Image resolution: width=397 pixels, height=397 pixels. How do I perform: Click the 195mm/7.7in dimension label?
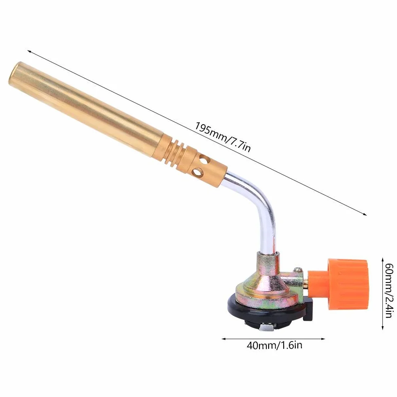(x=223, y=137)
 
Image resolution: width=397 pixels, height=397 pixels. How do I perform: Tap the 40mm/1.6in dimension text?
(x=274, y=345)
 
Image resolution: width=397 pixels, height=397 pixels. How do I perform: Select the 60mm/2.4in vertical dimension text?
(x=389, y=290)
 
